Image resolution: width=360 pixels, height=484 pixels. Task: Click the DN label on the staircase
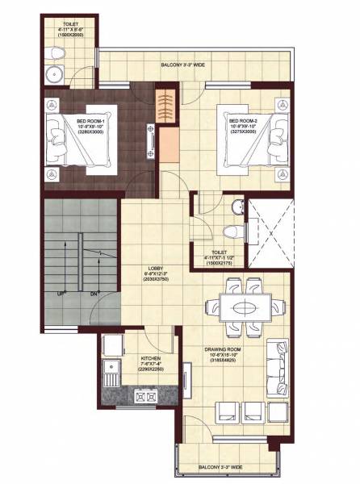click(x=94, y=292)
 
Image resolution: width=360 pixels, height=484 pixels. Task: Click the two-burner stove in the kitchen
click(x=145, y=397)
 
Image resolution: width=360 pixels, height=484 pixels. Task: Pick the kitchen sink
click(x=111, y=373)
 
